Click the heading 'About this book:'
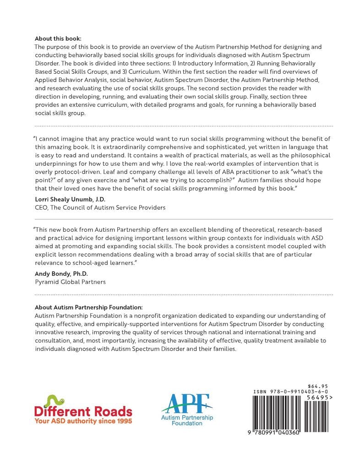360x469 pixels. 58,39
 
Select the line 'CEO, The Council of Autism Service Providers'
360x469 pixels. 100,207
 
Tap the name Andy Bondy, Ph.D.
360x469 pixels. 57,273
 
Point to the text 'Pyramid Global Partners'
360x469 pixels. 70,282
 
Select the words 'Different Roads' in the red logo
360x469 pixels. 83,412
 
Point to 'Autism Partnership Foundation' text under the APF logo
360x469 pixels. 187,420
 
